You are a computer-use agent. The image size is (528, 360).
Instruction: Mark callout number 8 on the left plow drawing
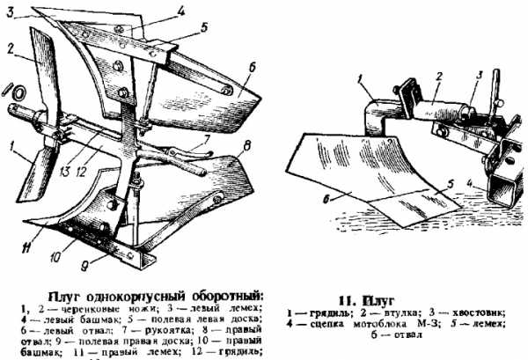[x=248, y=143]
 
